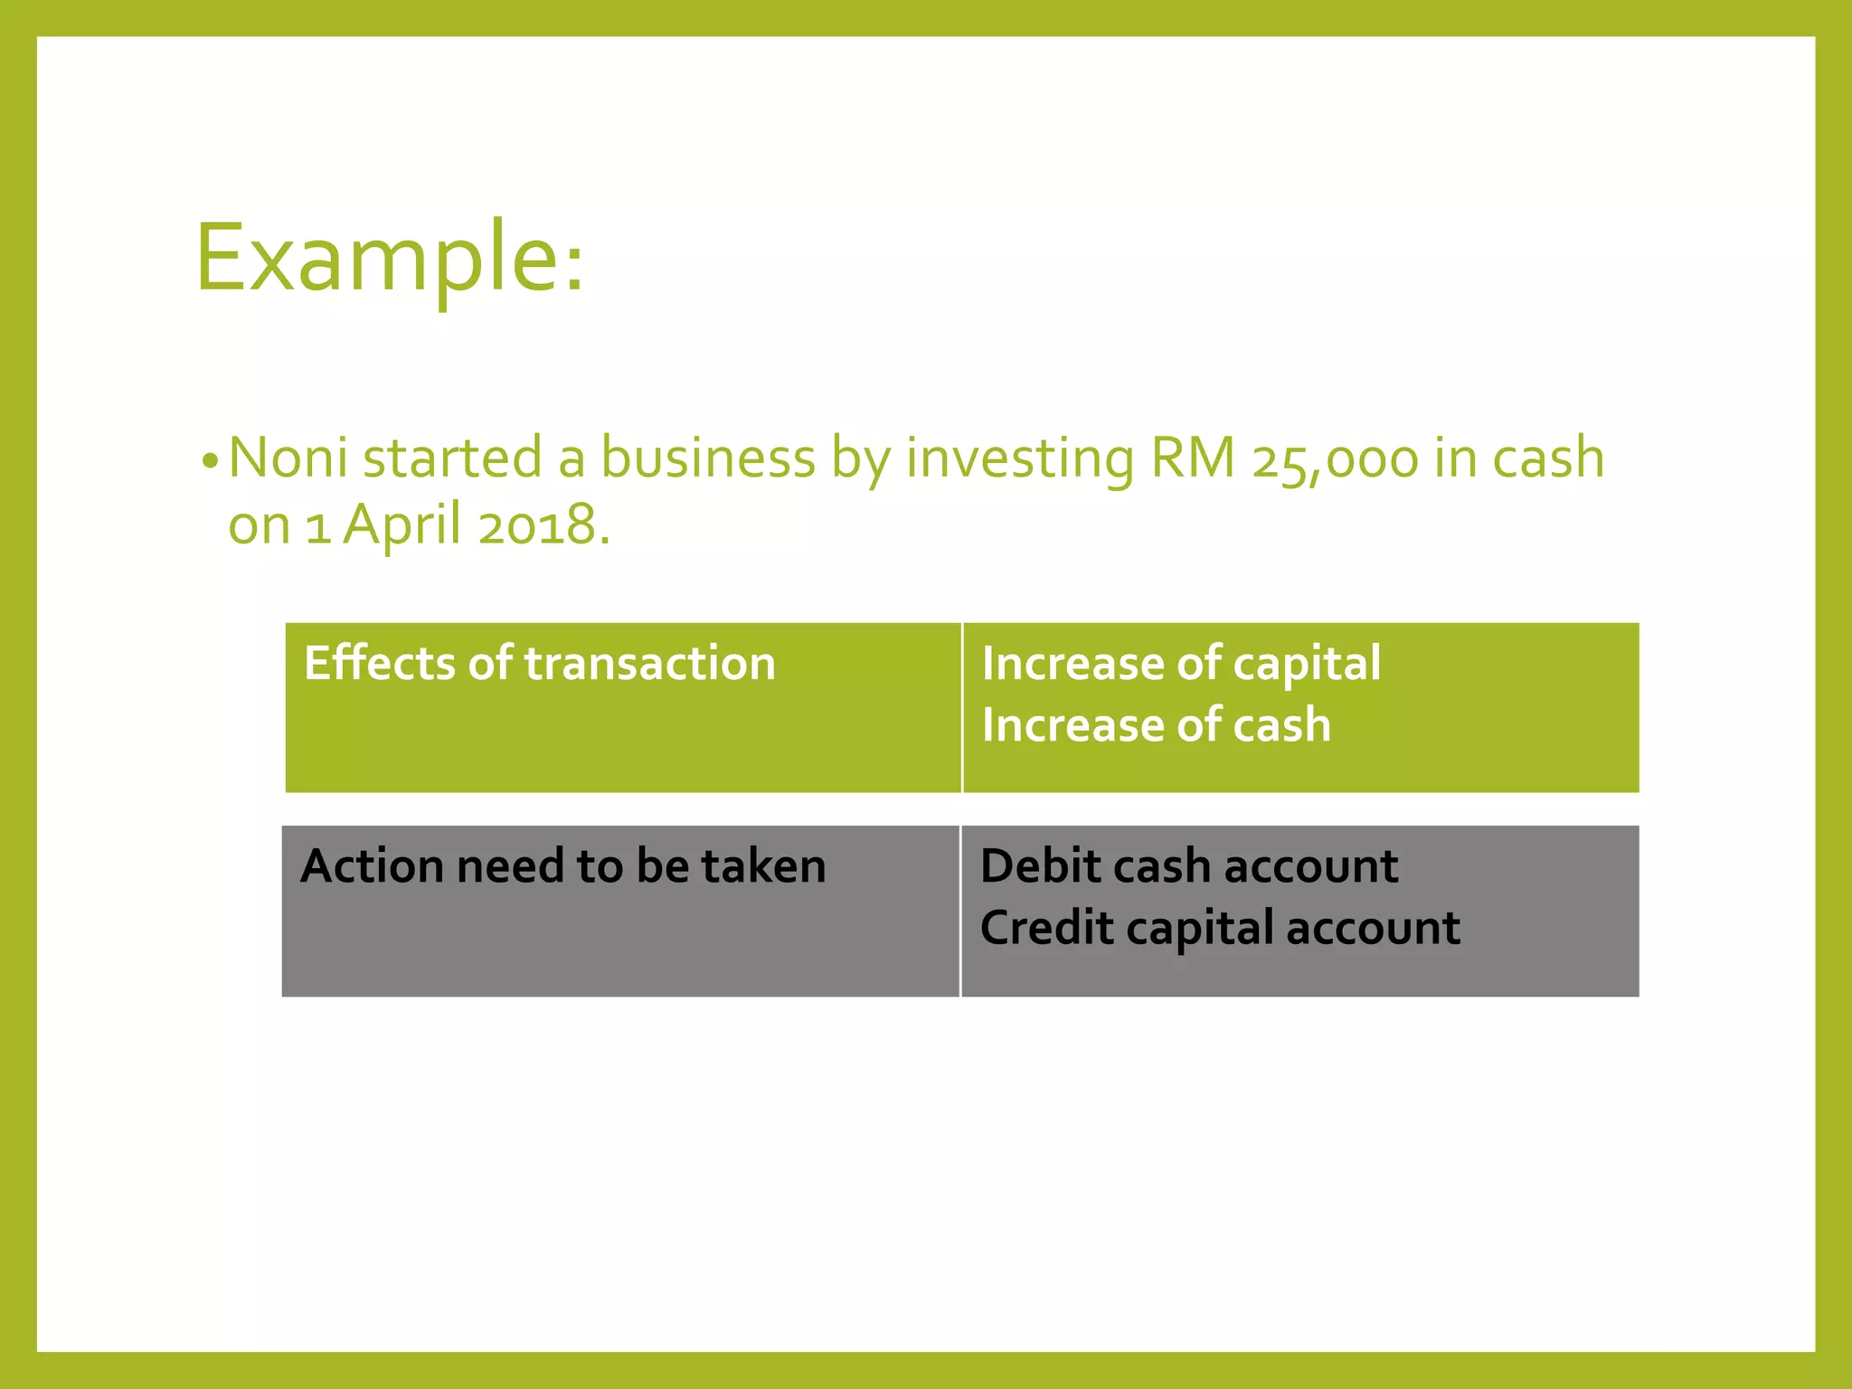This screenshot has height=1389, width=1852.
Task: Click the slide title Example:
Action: click(x=390, y=260)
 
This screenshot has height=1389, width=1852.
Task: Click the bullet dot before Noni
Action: click(x=210, y=462)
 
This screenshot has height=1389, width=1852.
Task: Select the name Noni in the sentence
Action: click(x=288, y=458)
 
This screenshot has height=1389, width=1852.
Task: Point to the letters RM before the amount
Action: click(x=1192, y=458)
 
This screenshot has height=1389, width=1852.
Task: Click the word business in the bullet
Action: click(x=708, y=458)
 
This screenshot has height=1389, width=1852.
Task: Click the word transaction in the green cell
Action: click(x=649, y=663)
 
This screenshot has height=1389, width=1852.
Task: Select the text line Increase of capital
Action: click(x=1180, y=663)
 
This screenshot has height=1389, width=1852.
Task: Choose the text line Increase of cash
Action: click(x=1156, y=725)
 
